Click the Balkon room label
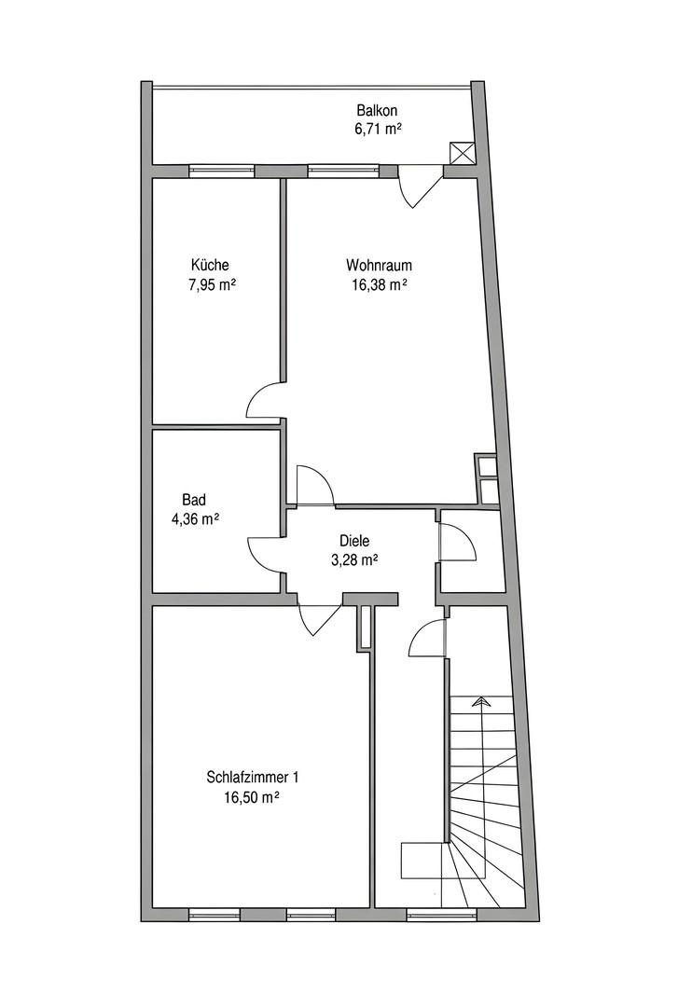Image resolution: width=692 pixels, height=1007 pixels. pos(377,110)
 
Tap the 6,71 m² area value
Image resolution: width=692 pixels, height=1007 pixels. pos(378,129)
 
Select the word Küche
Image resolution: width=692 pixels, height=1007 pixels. pos(210,265)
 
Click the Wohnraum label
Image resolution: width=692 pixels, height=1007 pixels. pos(379,265)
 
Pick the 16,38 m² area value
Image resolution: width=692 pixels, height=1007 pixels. pos(379,284)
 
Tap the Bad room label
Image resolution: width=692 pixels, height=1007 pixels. pos(193,500)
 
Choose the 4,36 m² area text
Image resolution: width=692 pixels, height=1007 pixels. pos(195,519)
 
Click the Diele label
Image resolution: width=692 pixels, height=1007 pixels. pos(354,542)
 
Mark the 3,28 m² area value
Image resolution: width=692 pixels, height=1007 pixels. pos(354,560)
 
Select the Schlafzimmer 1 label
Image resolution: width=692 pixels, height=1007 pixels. pos(253,778)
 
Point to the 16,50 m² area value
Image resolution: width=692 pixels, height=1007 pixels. pos(251,797)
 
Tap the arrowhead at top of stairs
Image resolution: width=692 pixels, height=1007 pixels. pos(478,700)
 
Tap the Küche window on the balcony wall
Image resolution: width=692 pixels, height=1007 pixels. pos(222,171)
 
